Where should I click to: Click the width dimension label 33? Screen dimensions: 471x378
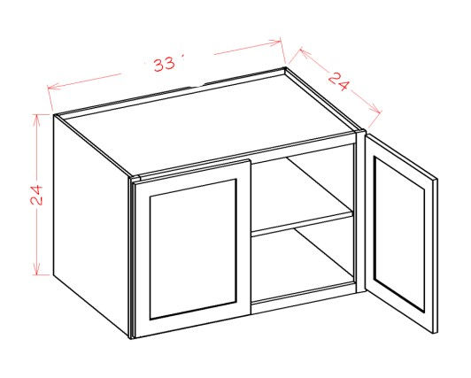click(x=164, y=65)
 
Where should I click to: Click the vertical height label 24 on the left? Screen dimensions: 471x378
click(x=36, y=195)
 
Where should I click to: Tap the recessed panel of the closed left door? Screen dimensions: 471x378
click(x=193, y=249)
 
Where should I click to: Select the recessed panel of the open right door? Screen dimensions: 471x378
click(x=399, y=235)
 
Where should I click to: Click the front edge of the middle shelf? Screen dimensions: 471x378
click(x=302, y=224)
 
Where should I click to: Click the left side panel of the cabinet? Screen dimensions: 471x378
click(x=91, y=225)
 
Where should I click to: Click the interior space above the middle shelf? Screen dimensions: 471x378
click(x=300, y=189)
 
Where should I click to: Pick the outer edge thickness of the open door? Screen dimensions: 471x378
click(x=435, y=256)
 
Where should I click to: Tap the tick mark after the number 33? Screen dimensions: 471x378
click(x=182, y=57)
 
